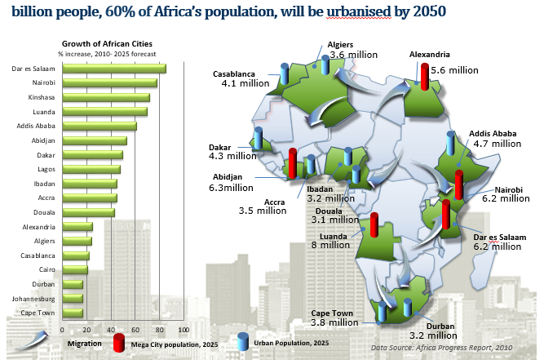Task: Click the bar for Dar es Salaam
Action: pyautogui.click(x=114, y=69)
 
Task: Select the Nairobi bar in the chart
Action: pyautogui.click(x=110, y=82)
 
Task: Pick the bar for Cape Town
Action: pyautogui.click(x=73, y=313)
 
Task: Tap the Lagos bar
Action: pyautogui.click(x=91, y=169)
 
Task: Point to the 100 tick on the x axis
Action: pyautogui.click(x=184, y=330)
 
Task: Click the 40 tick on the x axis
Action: pyautogui.click(x=111, y=330)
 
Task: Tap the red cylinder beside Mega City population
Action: pyautogui.click(x=119, y=341)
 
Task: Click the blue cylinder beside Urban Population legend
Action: pyautogui.click(x=243, y=341)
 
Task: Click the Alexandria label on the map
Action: pyautogui.click(x=429, y=54)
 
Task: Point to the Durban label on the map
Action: pyautogui.click(x=440, y=326)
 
